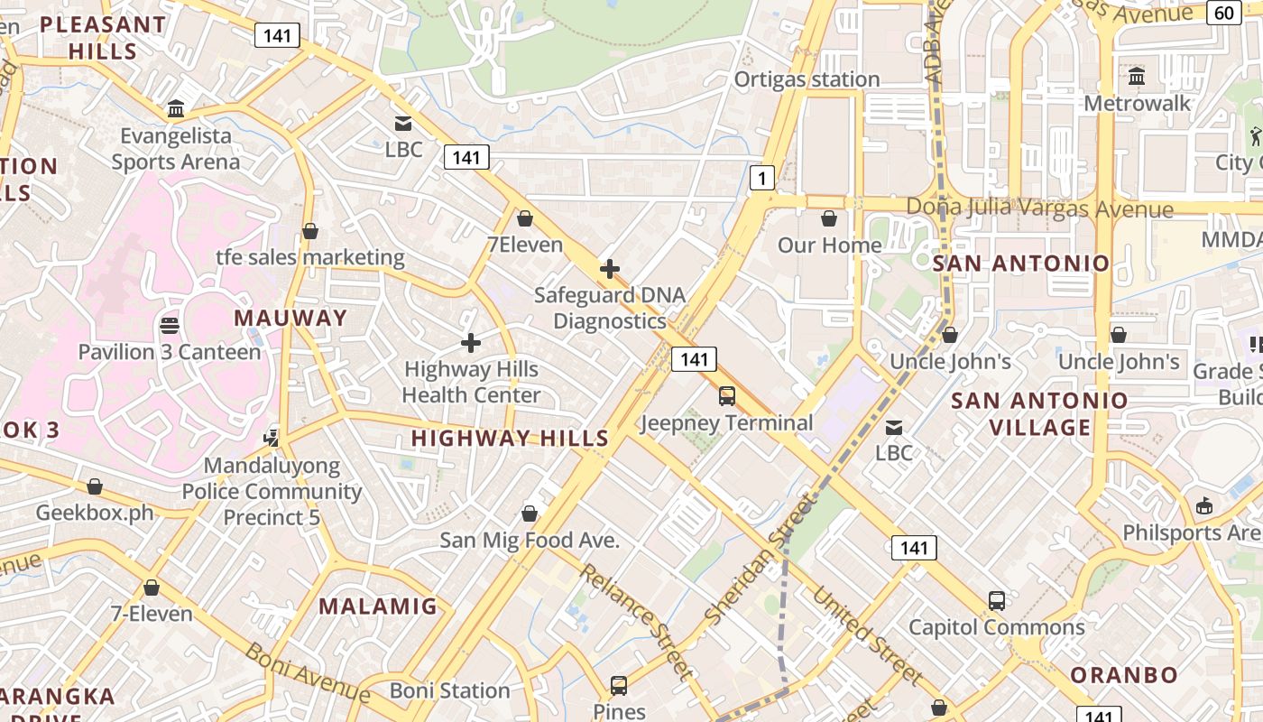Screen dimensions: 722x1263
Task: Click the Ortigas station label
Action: pos(807,79)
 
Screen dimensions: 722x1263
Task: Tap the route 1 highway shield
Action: pos(762,178)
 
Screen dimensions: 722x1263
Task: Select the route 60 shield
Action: pos(1224,13)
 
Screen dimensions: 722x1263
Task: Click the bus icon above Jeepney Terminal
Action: pos(726,395)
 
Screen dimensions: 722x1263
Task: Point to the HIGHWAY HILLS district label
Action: pos(511,439)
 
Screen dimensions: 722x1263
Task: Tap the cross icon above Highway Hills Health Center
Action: pos(470,343)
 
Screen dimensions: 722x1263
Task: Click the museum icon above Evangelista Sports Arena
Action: pos(176,109)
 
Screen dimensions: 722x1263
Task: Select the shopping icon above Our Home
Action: pos(829,218)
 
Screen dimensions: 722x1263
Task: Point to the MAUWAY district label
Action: pos(290,318)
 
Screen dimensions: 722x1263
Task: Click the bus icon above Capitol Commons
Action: pos(996,600)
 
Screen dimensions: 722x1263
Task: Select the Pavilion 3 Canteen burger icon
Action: pos(170,325)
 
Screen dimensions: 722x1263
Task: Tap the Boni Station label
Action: pos(450,690)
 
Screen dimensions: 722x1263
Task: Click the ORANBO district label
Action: pos(1124,675)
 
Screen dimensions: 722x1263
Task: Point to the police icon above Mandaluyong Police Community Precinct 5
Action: pos(271,438)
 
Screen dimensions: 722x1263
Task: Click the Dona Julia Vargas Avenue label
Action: pos(1039,208)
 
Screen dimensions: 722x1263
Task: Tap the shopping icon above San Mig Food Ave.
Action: pos(530,514)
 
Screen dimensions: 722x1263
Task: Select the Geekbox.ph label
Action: pos(95,513)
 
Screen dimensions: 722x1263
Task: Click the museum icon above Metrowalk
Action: pos(1137,76)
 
